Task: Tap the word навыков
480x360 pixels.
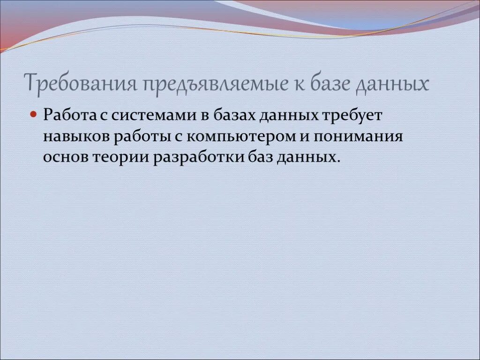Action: pyautogui.click(x=75, y=136)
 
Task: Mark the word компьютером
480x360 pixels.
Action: pyautogui.click(x=240, y=136)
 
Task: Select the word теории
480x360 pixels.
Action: pyautogui.click(x=121, y=157)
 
